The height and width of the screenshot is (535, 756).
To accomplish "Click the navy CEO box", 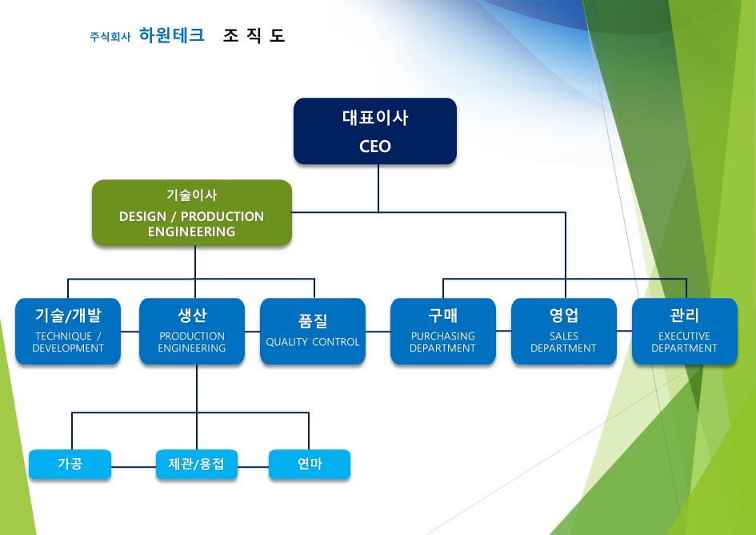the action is coord(375,131).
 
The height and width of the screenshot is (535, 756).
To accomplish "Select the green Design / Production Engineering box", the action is coord(192,212).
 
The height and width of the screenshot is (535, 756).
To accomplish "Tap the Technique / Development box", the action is coord(68,332).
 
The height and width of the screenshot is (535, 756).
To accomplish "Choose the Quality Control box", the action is coord(313,332).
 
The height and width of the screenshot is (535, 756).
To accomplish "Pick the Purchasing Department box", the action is coord(443,332).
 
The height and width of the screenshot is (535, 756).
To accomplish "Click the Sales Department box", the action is coord(564,332).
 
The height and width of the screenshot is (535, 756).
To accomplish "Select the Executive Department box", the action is coord(685,332).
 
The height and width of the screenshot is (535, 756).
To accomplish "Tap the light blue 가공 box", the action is coord(70,464).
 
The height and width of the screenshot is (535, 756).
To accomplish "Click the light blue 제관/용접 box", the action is coord(197,464).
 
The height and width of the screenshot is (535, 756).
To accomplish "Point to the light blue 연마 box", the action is coord(310,464).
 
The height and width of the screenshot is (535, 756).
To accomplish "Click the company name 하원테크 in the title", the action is coord(172,35).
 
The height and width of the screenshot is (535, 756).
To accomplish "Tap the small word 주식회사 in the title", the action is coord(110,37).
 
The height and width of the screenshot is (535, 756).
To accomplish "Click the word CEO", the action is coord(375,147).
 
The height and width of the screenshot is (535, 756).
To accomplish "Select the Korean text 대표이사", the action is coord(375,118).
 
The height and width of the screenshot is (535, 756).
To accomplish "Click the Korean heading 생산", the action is coord(192,316).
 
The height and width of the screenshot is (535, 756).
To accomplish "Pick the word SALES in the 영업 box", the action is coord(564,336).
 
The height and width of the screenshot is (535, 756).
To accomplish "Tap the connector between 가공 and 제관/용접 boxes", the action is coord(134,467).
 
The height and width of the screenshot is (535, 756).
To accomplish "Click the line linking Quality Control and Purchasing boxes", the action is coord(378,332).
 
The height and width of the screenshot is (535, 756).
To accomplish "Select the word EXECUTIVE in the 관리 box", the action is coord(684,336).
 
